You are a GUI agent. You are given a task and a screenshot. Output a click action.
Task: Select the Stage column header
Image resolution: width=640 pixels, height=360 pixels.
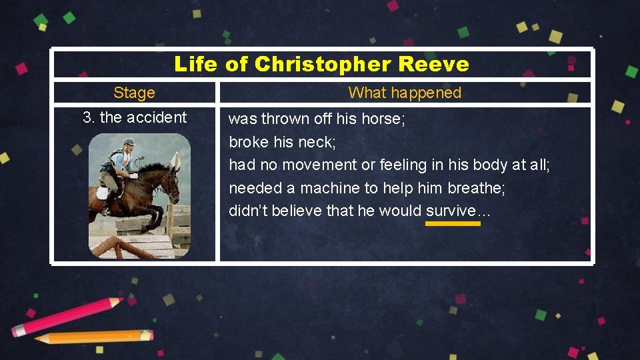(134, 93)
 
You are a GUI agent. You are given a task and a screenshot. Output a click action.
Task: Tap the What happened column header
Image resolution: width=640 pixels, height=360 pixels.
(405, 93)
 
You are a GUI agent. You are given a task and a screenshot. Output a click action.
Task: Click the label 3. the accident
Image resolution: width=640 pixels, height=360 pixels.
(135, 117)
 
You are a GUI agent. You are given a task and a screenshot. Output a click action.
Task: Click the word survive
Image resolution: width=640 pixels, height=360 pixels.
(451, 211)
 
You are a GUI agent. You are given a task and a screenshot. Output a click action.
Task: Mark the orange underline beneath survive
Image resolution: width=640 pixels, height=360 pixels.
(453, 224)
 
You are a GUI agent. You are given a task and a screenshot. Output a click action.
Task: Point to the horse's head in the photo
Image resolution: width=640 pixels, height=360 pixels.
(172, 177)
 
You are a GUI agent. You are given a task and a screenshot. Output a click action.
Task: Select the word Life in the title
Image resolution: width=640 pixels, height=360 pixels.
(195, 64)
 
